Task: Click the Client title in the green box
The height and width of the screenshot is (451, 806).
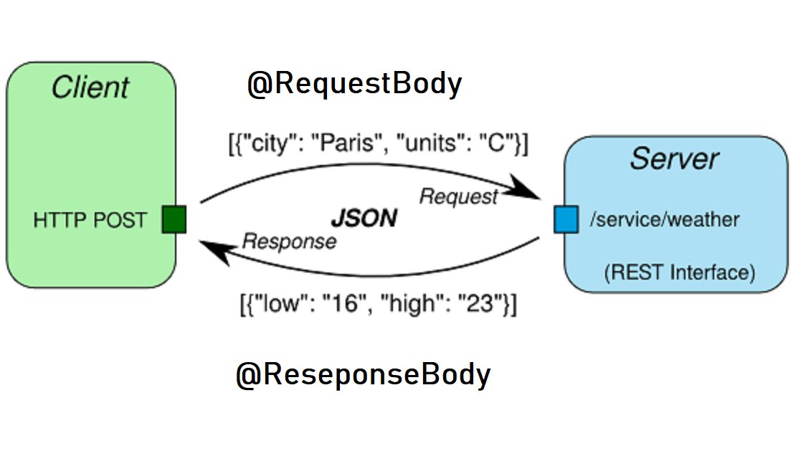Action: tap(90, 87)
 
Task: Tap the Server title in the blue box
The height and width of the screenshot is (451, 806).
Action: tap(673, 158)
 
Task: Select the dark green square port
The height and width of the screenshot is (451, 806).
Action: tap(174, 219)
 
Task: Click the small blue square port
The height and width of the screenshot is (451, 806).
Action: tap(565, 219)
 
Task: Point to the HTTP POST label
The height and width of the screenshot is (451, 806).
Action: tap(90, 220)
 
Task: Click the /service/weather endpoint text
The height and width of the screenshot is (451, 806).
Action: tap(664, 219)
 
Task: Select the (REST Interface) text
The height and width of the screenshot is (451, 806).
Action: tap(679, 272)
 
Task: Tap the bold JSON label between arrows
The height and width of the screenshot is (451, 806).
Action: tap(364, 218)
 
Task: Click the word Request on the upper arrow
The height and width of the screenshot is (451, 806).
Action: tap(458, 196)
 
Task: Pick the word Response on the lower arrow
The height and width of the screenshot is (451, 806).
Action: tap(289, 242)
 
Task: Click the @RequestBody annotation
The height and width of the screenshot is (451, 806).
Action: tap(354, 85)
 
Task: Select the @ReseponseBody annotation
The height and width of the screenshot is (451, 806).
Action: tap(363, 375)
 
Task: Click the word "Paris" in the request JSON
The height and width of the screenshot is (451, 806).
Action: tap(349, 143)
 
